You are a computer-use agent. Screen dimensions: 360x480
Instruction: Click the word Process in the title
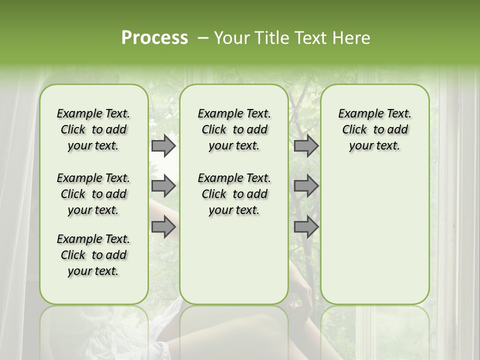tap(154, 37)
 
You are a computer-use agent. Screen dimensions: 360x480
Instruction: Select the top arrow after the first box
tap(163, 145)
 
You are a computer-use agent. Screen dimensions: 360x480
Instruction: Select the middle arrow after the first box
tap(163, 186)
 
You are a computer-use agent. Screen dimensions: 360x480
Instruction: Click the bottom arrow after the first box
tap(163, 226)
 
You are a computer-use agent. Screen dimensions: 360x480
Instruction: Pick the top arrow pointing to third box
tap(306, 145)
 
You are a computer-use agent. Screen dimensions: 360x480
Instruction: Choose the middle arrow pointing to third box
tap(306, 186)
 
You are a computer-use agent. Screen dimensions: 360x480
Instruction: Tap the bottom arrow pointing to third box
tap(306, 226)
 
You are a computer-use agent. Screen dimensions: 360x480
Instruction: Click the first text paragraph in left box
tap(93, 129)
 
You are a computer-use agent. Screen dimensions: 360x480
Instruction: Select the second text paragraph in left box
tap(93, 194)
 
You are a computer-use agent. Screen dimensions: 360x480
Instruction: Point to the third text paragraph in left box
tap(93, 255)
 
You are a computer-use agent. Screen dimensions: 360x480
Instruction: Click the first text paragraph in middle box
tap(234, 129)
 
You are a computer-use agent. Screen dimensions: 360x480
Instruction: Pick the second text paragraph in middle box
tap(234, 194)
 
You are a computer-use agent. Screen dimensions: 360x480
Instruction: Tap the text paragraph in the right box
tap(374, 129)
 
